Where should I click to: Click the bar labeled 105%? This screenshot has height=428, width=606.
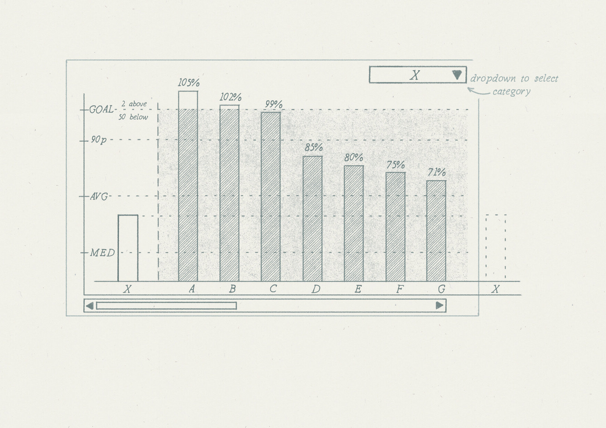pos(188,186)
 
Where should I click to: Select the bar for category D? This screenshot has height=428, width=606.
pos(313,218)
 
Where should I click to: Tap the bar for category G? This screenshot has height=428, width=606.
pos(436,231)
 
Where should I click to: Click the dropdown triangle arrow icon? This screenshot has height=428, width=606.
pos(457,75)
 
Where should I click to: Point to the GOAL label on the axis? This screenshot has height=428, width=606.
pos(101,110)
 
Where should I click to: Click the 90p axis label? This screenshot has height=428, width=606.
pos(99,140)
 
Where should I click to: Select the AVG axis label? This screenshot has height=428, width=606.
pos(99,197)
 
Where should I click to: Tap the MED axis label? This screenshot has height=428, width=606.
pos(102,253)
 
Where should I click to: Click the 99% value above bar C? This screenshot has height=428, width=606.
pos(274,104)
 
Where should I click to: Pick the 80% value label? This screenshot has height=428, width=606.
pos(354,158)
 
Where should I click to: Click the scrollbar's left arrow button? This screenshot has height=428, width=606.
pos(89,305)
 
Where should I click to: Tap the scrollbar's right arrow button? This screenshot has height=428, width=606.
pos(439,305)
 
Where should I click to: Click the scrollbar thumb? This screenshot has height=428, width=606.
pos(167,305)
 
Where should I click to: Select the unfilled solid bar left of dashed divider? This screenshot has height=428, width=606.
pos(128,248)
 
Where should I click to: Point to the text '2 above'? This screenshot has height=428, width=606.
pos(134,104)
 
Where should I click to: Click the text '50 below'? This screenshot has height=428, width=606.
pos(133,117)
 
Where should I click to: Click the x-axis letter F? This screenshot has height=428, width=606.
pos(400,289)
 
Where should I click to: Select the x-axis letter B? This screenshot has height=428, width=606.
pos(233,289)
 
